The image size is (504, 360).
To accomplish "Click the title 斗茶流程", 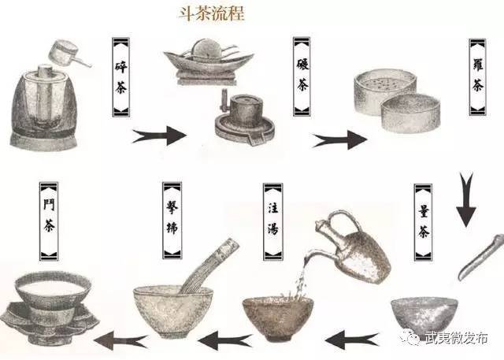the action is pyautogui.click(x=212, y=14).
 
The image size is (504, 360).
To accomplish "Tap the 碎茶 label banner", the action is pyautogui.click(x=120, y=77).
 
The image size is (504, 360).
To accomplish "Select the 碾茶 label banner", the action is pyautogui.click(x=302, y=76).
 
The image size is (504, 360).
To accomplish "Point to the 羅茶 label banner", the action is pyautogui.click(x=478, y=77).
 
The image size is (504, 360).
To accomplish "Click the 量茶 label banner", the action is pyautogui.click(x=424, y=222).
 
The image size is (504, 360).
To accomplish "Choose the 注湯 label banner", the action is pyautogui.click(x=273, y=222).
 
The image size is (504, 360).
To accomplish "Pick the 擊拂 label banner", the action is pyautogui.click(x=172, y=221).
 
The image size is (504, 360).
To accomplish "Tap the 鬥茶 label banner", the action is pyautogui.click(x=49, y=221).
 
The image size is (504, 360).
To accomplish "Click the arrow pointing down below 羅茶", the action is pyautogui.click(x=466, y=199).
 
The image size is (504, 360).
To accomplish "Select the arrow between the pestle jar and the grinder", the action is pyautogui.click(x=159, y=135).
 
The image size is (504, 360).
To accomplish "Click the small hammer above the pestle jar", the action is pyautogui.click(x=69, y=54).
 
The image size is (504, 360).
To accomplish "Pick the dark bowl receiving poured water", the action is pyautogui.click(x=278, y=318).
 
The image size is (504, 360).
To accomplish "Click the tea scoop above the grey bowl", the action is pyautogui.click(x=481, y=257).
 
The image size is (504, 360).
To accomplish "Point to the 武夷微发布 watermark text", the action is pyautogui.click(x=456, y=338).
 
